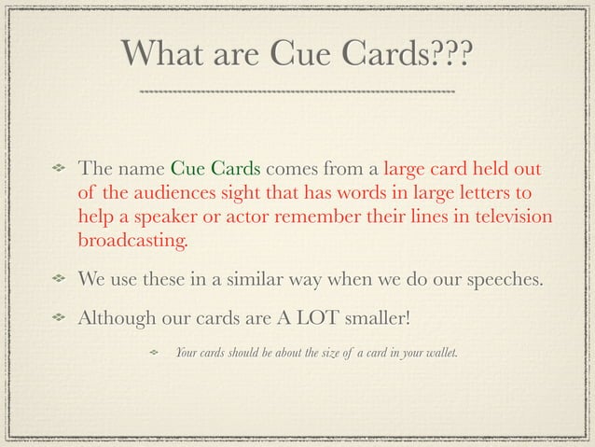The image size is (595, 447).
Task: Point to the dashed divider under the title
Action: tap(297, 92)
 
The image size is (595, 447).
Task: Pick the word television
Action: tap(508, 218)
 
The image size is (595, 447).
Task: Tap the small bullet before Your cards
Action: tap(155, 352)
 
